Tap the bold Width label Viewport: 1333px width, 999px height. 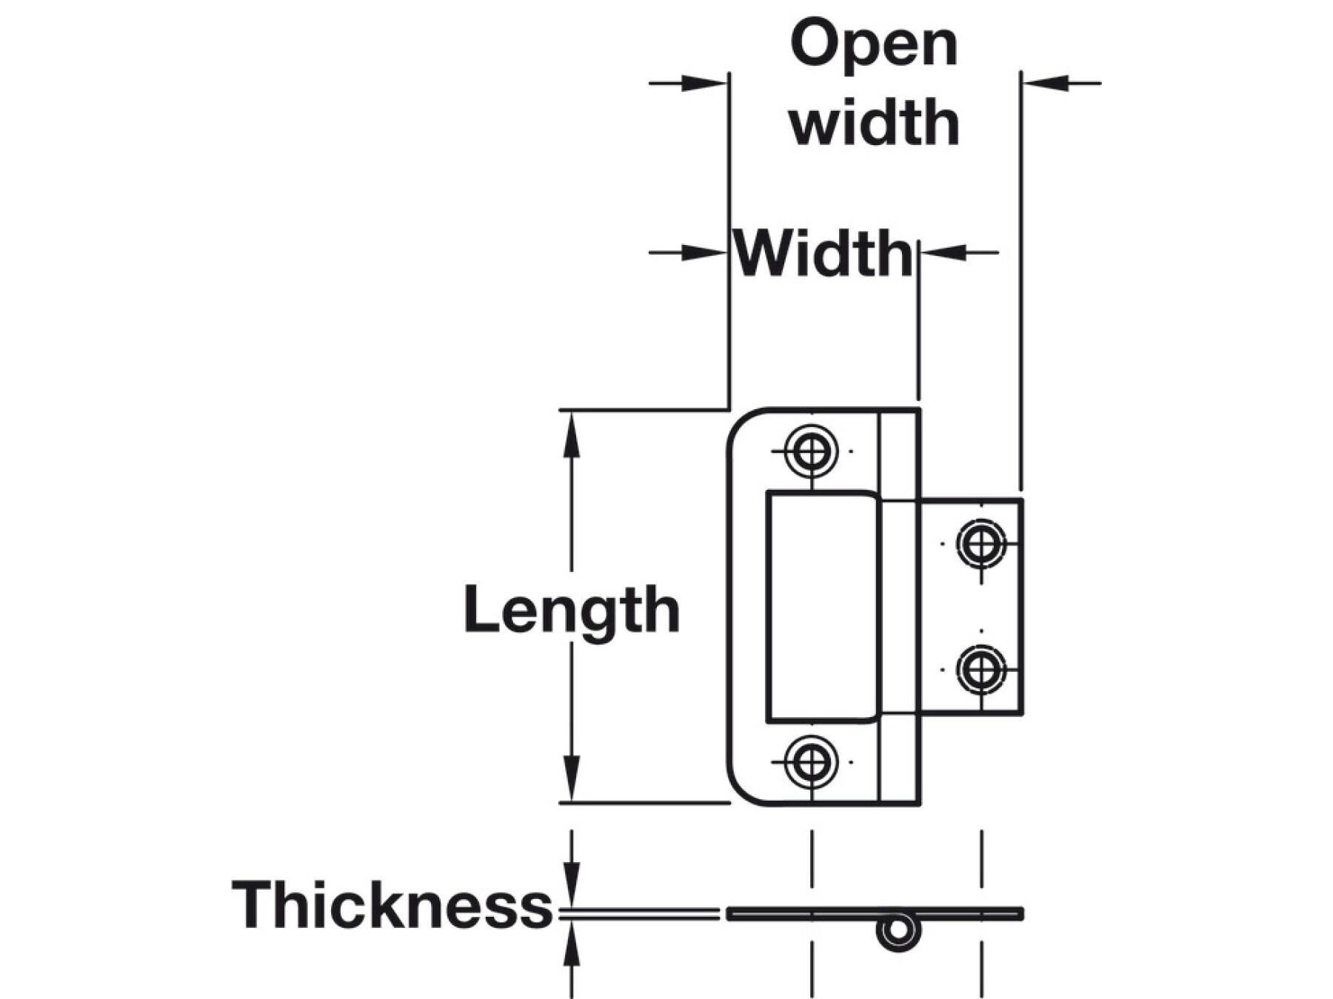click(x=823, y=254)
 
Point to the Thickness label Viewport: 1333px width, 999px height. click(x=392, y=904)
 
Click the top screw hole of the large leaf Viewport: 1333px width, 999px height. click(x=812, y=450)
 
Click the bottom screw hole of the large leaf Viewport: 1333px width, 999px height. click(x=812, y=761)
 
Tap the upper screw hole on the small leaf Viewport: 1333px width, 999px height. click(x=981, y=544)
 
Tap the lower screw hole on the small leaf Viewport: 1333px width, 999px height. click(x=981, y=670)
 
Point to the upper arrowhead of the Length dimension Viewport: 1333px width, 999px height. click(x=571, y=433)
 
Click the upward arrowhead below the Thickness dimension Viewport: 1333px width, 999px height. click(x=571, y=943)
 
